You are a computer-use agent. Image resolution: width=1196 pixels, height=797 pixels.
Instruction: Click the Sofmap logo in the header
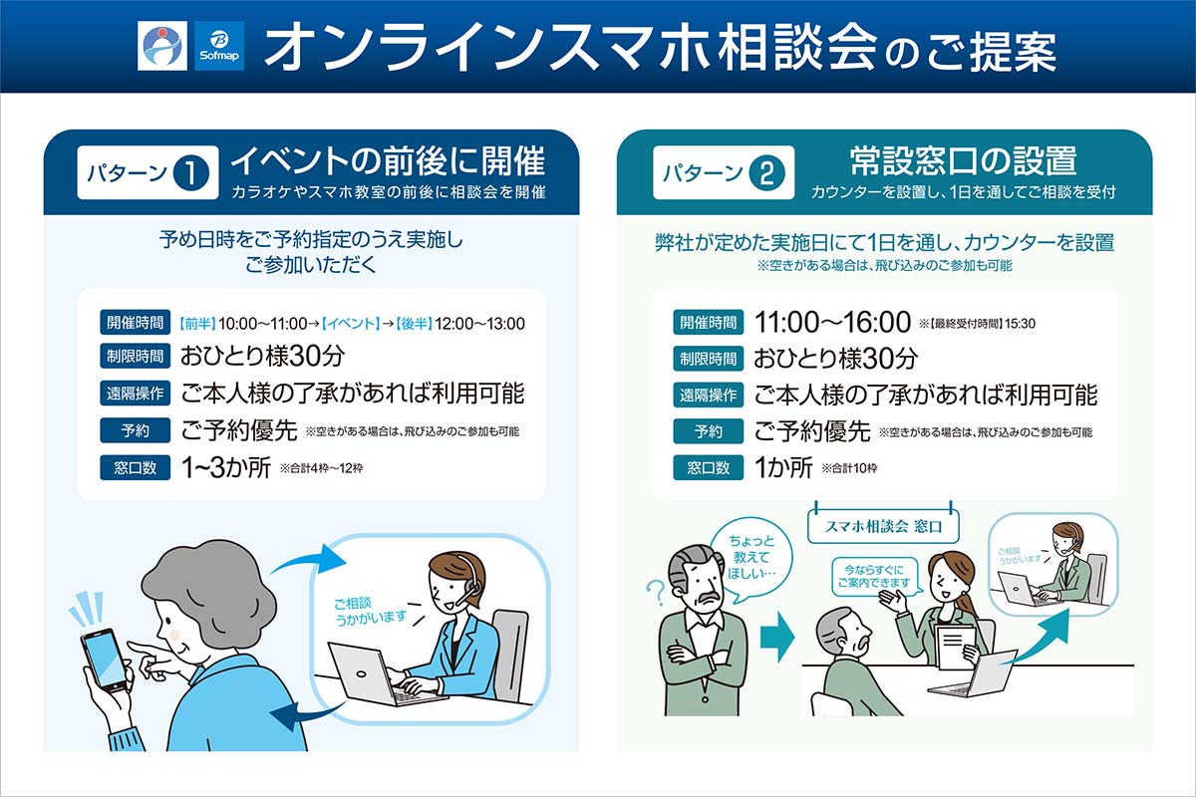click(219, 46)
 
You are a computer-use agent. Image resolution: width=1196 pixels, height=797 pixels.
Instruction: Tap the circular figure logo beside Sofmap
click(162, 46)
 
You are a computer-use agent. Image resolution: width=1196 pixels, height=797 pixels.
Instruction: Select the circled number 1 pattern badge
click(191, 173)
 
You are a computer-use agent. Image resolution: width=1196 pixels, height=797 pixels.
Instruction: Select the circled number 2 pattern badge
click(766, 173)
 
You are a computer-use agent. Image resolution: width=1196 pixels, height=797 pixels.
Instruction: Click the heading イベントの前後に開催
click(388, 160)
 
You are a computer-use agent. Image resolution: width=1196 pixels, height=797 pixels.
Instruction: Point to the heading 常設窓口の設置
click(963, 160)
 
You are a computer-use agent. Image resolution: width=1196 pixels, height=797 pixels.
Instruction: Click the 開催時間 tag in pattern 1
click(136, 323)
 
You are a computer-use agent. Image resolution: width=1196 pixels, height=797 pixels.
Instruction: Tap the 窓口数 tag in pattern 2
click(708, 467)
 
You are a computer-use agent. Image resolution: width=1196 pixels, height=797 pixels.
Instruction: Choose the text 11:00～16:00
click(832, 323)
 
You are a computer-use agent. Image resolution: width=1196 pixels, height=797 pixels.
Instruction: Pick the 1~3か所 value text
click(226, 467)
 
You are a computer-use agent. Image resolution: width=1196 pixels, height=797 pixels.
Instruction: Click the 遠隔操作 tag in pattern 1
click(136, 394)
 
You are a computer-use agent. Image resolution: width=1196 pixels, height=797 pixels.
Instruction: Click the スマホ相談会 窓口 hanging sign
click(883, 526)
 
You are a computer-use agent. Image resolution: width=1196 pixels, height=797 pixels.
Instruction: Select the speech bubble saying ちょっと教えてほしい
click(751, 558)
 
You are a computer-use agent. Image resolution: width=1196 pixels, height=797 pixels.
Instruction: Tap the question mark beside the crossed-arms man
click(656, 593)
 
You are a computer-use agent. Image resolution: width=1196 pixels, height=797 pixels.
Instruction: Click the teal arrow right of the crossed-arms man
click(777, 637)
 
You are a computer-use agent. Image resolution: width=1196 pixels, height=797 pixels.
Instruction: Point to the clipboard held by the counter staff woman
click(957, 647)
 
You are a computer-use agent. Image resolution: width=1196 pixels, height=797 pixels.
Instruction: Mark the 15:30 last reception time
click(1020, 324)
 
